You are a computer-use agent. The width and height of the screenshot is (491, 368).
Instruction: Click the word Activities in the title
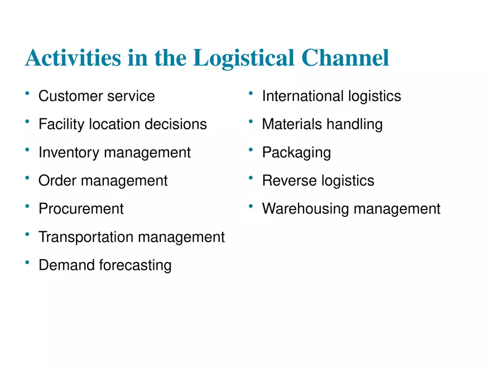tap(73, 58)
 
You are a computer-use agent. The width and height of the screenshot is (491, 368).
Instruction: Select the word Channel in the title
tap(345, 58)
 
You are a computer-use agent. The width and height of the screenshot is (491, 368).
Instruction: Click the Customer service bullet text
tap(97, 96)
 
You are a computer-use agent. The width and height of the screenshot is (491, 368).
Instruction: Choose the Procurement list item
tap(81, 209)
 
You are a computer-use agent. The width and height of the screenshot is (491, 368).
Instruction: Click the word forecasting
tap(136, 265)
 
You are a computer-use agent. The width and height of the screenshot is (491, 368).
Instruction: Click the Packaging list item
tap(296, 153)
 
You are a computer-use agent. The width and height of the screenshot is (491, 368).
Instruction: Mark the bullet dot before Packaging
tap(251, 149)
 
